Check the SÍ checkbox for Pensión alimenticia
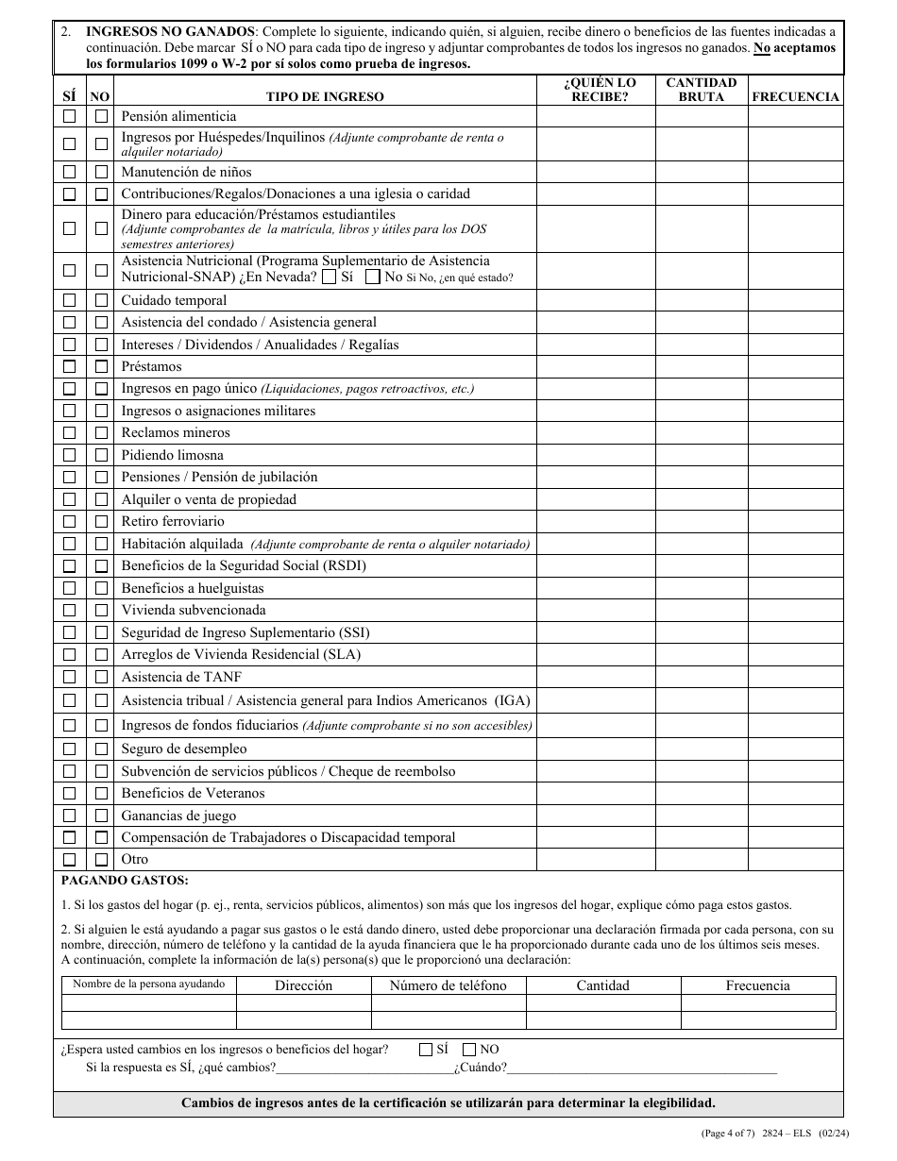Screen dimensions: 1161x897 [70, 116]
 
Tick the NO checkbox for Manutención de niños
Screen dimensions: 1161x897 [101, 172]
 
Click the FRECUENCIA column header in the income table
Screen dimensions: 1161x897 [795, 96]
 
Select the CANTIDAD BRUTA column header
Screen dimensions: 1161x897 [701, 90]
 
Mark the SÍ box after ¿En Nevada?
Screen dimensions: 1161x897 [329, 278]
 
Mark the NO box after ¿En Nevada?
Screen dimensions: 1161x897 [373, 278]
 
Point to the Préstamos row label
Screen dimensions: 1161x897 [151, 366]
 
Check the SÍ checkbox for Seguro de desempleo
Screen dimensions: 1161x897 [70, 749]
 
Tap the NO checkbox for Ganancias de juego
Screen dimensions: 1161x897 [101, 816]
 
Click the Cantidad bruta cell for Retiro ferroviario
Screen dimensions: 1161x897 [701, 522]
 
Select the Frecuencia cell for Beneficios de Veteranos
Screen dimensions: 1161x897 [795, 794]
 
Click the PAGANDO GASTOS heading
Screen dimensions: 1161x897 [125, 880]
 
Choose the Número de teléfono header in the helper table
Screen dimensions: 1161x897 [448, 985]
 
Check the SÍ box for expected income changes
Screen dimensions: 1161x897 [426, 1049]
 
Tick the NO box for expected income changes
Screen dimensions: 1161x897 [469, 1049]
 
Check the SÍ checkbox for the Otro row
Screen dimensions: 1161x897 [70, 860]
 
